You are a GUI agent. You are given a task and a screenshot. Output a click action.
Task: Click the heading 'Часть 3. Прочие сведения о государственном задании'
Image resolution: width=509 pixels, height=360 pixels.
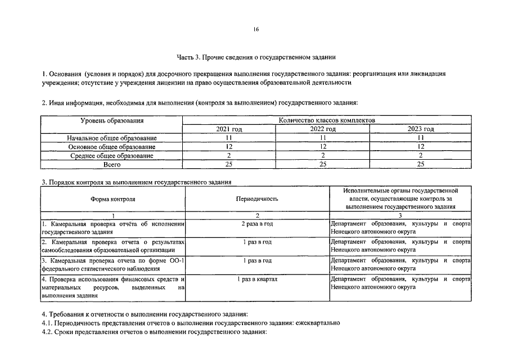256,57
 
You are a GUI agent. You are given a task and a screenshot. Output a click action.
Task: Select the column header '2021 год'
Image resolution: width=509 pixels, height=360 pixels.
229,129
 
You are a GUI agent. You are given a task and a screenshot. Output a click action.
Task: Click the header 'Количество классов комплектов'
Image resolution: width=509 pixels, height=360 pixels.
327,120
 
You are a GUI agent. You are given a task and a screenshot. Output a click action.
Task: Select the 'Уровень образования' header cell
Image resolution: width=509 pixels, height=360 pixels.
112,120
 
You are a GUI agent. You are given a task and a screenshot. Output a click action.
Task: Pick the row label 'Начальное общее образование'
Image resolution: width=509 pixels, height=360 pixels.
112,138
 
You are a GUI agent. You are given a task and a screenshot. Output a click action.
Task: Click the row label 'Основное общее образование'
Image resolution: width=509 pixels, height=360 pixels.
112,146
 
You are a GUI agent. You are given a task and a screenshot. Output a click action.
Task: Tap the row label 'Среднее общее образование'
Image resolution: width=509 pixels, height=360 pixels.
112,155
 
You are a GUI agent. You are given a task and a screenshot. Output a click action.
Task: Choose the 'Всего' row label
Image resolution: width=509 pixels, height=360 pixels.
112,164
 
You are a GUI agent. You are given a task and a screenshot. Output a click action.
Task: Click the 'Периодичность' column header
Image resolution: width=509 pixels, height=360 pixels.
257,199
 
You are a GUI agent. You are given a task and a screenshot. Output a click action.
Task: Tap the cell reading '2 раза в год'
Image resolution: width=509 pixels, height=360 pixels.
257,224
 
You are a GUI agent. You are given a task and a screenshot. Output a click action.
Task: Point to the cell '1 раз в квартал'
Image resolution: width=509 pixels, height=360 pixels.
257,279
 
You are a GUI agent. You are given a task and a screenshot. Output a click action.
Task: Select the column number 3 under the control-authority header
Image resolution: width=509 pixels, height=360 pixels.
399,215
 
